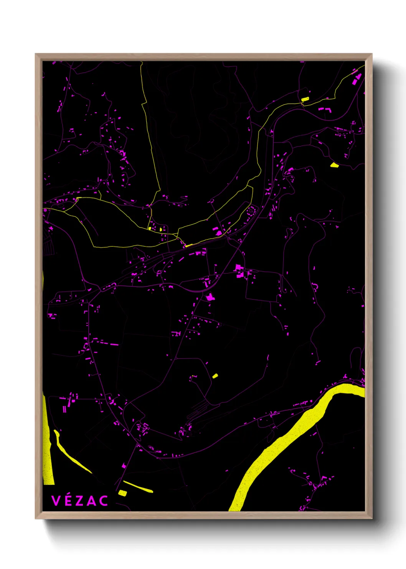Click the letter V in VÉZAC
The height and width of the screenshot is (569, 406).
point(56,501)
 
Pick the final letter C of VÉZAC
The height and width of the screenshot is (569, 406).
point(103,501)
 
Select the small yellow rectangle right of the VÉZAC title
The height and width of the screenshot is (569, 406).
point(122,492)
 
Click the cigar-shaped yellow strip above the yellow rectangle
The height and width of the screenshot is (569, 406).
point(138,487)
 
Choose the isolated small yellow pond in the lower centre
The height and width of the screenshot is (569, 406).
point(215,376)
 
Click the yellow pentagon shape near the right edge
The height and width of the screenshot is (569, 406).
point(334,165)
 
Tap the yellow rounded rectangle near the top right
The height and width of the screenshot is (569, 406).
point(305,99)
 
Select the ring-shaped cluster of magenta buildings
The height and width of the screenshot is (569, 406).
point(251,211)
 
